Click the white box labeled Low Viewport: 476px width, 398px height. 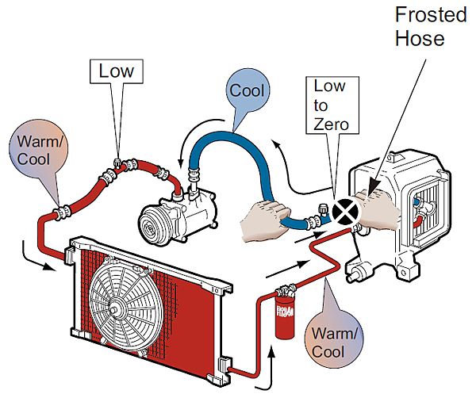(116, 71)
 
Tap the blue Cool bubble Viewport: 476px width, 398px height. (246, 91)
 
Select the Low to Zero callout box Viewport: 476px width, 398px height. (330, 105)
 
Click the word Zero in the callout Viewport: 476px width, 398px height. (330, 124)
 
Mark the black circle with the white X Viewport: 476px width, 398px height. (346, 210)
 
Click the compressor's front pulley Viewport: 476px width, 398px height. (155, 223)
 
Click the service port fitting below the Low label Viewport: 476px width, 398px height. (117, 160)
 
